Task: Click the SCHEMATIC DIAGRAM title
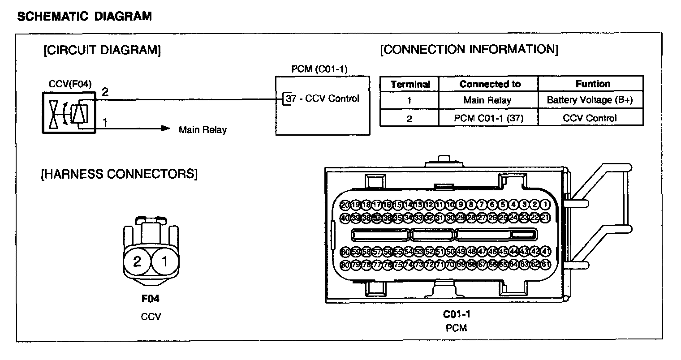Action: (84, 17)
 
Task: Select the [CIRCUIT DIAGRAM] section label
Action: (102, 50)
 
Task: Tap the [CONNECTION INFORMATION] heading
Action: (469, 49)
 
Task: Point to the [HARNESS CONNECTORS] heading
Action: (119, 173)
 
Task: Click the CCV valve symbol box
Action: (69, 112)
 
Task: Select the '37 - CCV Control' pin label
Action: (322, 99)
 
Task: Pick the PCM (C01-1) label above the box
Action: (319, 69)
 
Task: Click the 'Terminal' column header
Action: (410, 84)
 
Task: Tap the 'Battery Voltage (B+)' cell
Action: (590, 100)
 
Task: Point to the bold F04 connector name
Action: (150, 299)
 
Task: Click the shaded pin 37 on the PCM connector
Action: (377, 218)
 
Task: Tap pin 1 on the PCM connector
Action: (545, 205)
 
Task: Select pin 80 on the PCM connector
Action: (345, 264)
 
